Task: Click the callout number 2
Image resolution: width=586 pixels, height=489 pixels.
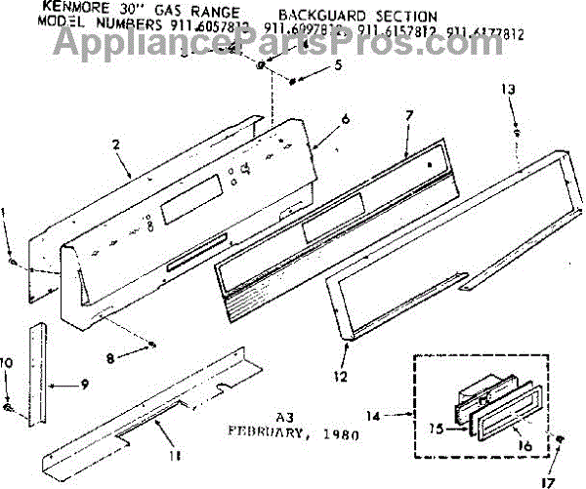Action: pos(116,144)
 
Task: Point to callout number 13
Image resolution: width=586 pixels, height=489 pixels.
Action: pos(508,89)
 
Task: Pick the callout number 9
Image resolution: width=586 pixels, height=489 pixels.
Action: pos(85,384)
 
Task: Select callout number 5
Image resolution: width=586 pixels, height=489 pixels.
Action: pos(339,66)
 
